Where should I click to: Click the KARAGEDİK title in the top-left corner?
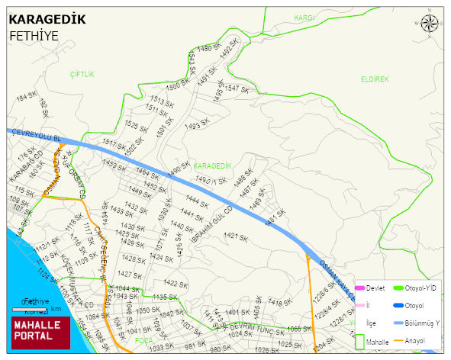coord(47,19)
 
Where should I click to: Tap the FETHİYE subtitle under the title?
coord(34,36)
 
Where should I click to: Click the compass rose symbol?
coord(430,24)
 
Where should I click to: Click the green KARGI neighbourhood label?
coord(304,17)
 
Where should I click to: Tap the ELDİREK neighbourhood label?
coord(375,79)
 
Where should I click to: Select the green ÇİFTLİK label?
coord(82,74)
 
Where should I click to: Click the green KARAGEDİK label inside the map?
coord(211,166)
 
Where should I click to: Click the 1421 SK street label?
coord(238,236)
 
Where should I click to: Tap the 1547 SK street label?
coord(237,89)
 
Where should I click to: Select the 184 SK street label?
coord(27,98)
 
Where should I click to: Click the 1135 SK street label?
coord(164,297)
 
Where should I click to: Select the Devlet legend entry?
coord(370,288)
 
